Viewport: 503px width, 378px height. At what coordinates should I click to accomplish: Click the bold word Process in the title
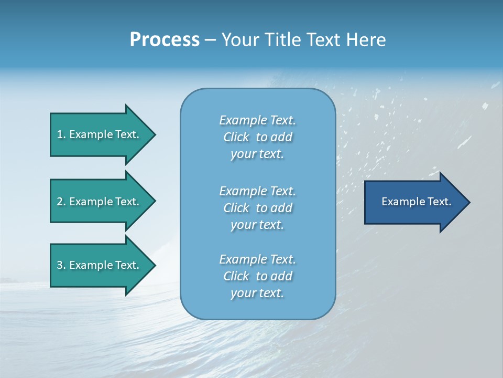pos(165,40)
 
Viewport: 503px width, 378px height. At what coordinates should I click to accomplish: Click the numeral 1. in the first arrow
pos(61,134)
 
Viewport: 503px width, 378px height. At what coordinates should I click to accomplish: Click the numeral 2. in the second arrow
pos(61,202)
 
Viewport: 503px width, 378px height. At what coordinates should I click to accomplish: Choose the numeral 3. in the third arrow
pos(61,265)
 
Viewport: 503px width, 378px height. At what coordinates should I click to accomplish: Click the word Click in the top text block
pos(236,137)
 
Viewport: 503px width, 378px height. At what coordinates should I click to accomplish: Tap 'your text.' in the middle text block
pos(257,225)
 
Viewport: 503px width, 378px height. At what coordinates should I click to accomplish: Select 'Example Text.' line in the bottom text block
pos(257,259)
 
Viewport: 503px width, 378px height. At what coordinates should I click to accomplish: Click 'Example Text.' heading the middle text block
pos(257,191)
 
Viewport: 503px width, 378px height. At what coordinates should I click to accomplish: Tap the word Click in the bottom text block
pos(236,276)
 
